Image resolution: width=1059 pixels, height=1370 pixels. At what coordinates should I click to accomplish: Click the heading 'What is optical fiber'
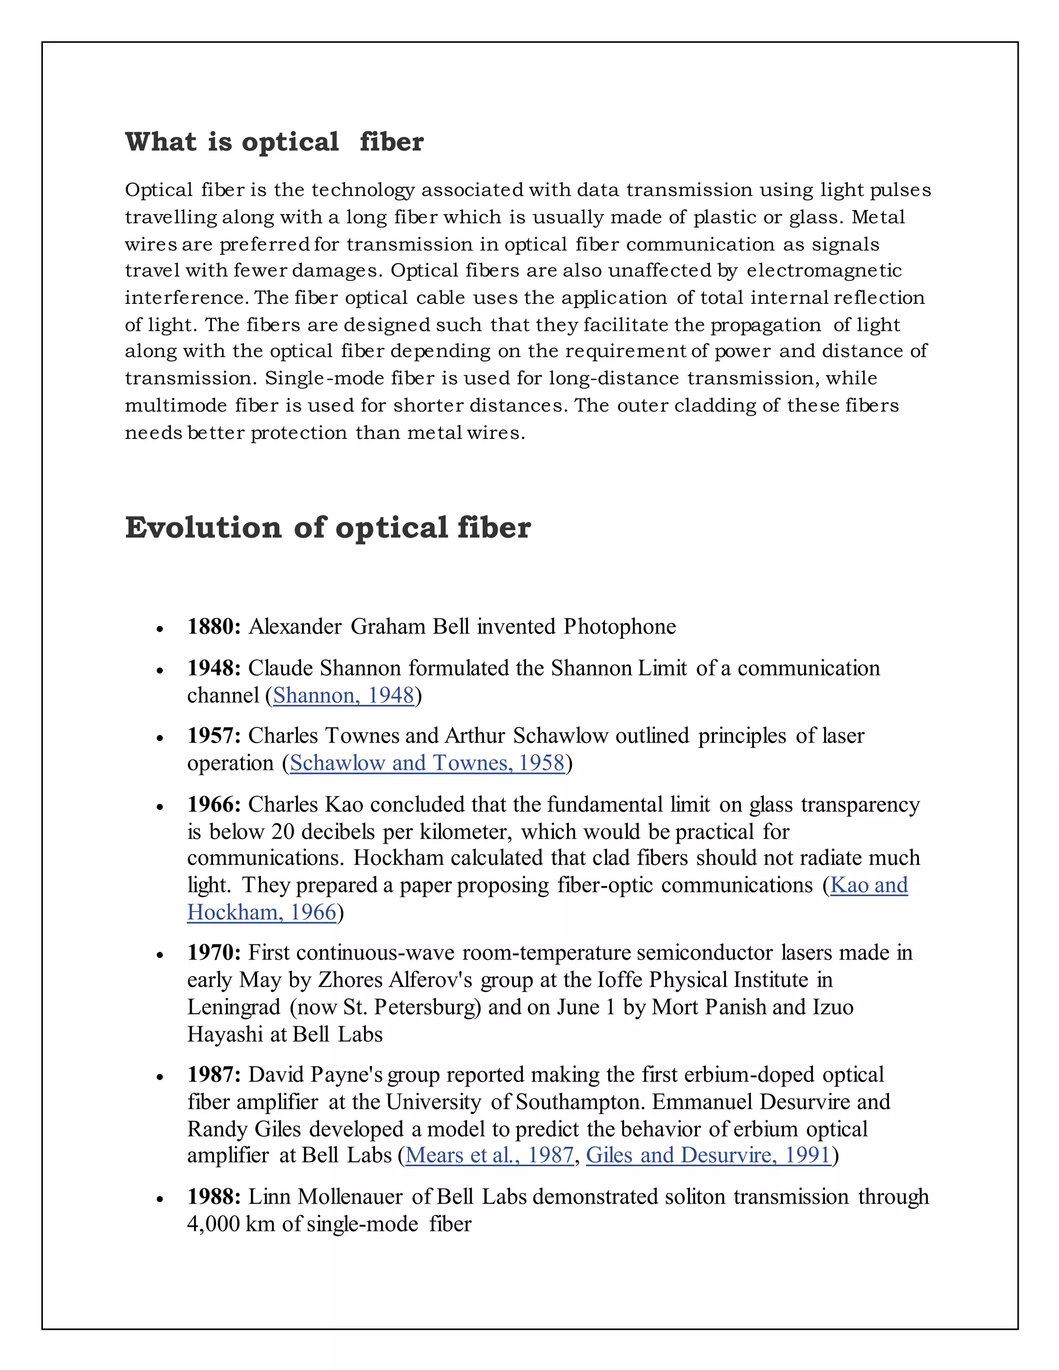click(x=274, y=142)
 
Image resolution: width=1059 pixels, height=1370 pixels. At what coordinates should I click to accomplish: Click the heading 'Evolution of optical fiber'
click(x=327, y=527)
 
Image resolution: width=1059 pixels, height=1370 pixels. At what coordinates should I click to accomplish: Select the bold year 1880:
click(x=214, y=627)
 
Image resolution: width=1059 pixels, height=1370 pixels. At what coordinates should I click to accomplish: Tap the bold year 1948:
click(x=214, y=668)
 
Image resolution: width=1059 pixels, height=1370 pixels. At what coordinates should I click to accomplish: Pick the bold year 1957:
click(x=214, y=736)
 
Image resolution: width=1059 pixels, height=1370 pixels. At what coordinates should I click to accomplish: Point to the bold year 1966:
click(x=214, y=805)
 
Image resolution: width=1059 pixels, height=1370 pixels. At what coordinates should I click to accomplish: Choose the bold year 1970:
click(x=214, y=953)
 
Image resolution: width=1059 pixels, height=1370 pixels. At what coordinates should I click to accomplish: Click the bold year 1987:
click(x=214, y=1075)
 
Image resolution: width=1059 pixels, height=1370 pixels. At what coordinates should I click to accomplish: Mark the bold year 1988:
click(x=214, y=1197)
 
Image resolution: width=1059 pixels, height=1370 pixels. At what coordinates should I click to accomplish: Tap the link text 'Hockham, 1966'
click(x=262, y=912)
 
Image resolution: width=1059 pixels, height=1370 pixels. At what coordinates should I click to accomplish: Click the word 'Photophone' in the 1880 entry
click(x=619, y=627)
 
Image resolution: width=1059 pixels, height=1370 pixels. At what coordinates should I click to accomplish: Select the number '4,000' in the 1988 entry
click(x=214, y=1224)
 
